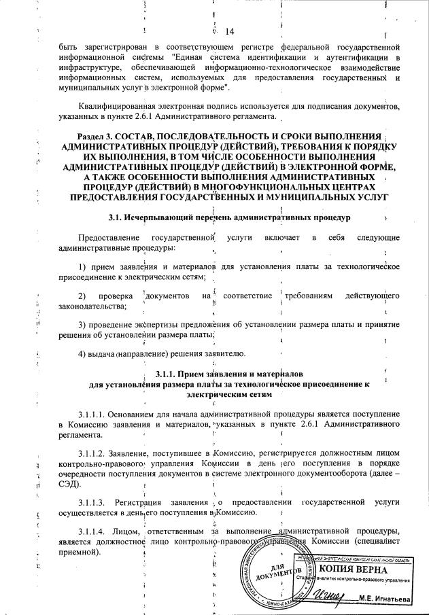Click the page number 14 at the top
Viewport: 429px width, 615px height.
coord(228,32)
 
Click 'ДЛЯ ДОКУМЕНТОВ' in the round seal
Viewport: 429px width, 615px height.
coord(276,571)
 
